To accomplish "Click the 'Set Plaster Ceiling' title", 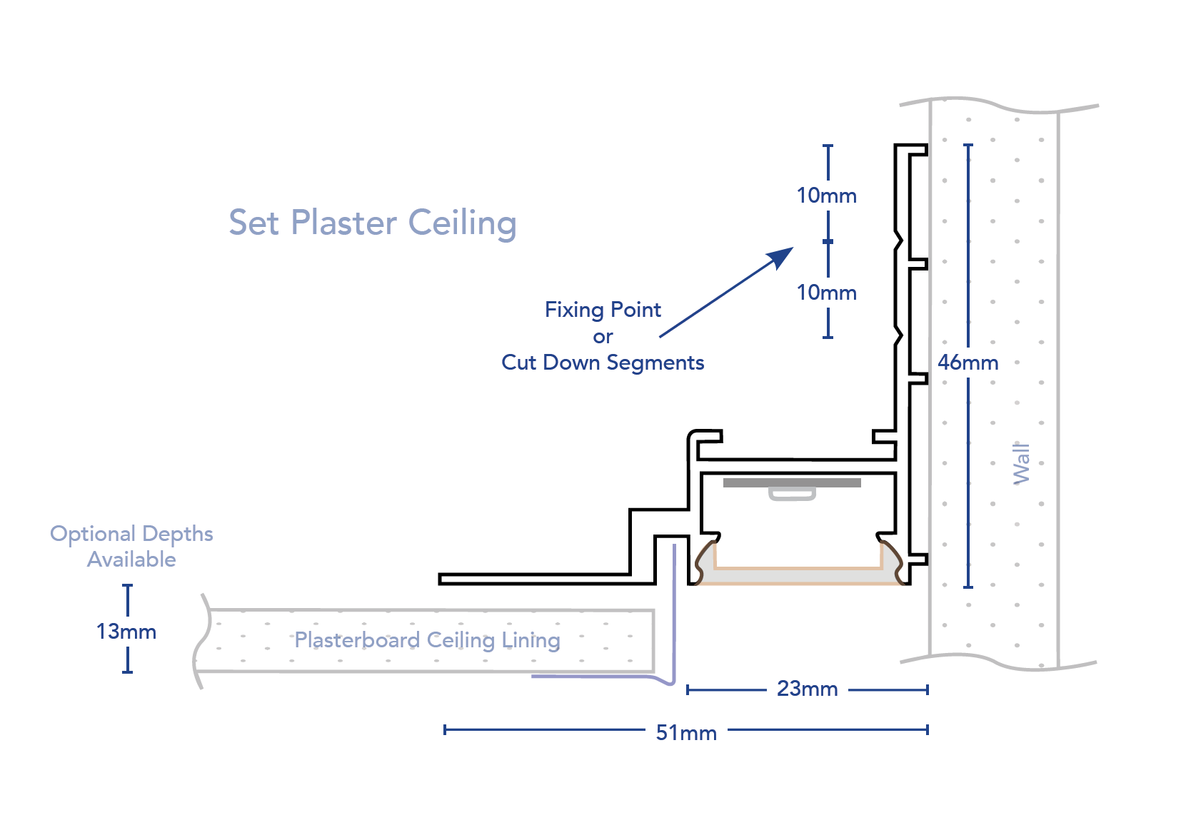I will [x=372, y=223].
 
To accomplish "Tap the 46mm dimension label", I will [x=968, y=363].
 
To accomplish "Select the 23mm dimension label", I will [x=807, y=689].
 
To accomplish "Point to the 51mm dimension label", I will [x=686, y=732].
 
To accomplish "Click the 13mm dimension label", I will [x=126, y=632].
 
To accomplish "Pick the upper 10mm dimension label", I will [x=827, y=196].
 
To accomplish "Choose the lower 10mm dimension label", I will [x=827, y=293].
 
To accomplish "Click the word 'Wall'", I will [x=1022, y=463].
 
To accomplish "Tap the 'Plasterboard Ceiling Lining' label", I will [x=427, y=640].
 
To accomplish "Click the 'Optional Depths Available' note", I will [x=131, y=547].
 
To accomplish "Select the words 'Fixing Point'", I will [x=603, y=310].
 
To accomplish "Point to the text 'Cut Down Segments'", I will [x=603, y=363].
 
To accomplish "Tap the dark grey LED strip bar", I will [x=792, y=483].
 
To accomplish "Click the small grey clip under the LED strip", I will [x=792, y=494].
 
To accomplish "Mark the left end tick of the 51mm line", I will [x=445, y=729].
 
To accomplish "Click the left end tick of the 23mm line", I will [x=688, y=689].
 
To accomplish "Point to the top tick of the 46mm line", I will [x=968, y=145].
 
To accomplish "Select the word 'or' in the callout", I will [x=603, y=336].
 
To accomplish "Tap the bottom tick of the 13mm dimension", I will [x=128, y=672].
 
